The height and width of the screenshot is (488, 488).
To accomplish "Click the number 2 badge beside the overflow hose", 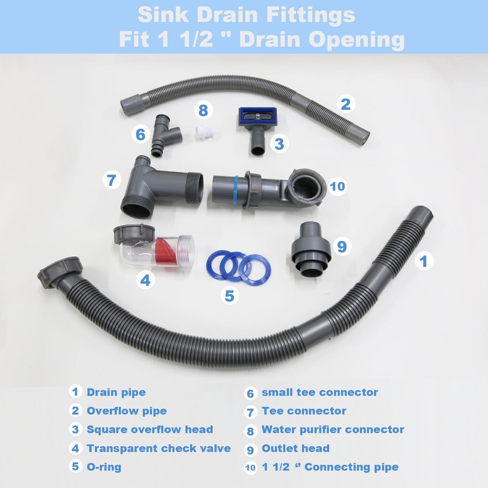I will [346, 104].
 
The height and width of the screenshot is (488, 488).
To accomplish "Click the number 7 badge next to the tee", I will [111, 181].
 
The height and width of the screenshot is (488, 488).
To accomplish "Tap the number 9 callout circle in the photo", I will [342, 246].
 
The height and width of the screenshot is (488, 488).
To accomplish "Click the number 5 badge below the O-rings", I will [229, 296].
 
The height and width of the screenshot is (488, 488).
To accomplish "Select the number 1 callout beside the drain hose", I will [424, 261].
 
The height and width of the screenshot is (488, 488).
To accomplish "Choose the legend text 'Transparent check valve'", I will [159, 448].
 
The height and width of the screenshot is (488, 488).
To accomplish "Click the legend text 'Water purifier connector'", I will [332, 429].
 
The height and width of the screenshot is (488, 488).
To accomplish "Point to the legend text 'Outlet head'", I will [295, 448].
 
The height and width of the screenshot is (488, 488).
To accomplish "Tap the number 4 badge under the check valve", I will [145, 280].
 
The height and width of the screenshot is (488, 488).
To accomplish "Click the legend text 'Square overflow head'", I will [149, 429].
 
